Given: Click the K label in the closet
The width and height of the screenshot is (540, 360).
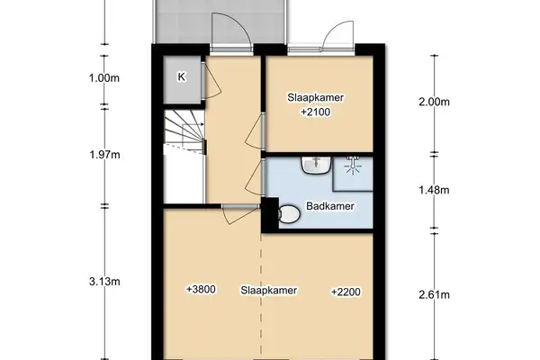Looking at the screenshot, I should pos(181,76).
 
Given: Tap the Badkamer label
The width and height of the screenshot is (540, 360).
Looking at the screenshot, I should pos(328,207).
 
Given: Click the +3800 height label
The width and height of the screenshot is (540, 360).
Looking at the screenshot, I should pos(202,290).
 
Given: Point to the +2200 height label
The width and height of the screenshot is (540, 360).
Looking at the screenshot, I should pos(346,291).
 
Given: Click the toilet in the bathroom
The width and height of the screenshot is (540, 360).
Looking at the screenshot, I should pos(289,215).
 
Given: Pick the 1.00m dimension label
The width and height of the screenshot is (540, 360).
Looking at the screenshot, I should pos(105,77).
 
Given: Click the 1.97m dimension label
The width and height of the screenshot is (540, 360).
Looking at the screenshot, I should pos(105,154).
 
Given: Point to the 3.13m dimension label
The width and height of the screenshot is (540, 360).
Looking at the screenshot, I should pos(105,281).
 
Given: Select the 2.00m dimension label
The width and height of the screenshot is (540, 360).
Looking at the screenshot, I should pos(434,102).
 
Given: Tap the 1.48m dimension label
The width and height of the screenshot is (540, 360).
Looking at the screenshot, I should pos(434,190).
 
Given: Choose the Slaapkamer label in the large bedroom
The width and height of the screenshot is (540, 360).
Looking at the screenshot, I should pos(268,291).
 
